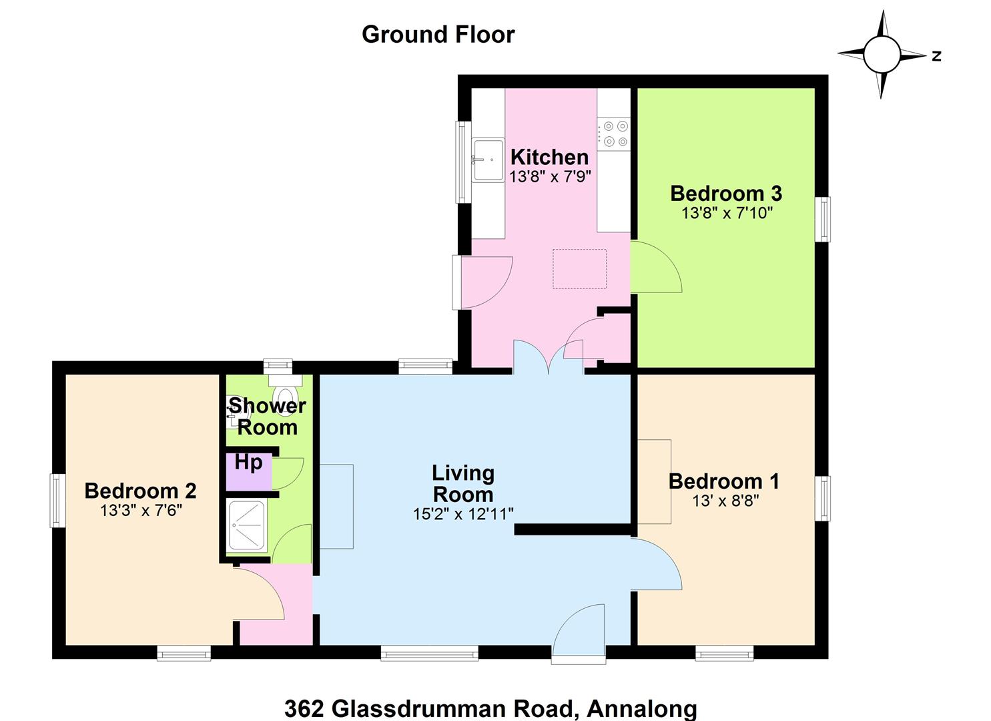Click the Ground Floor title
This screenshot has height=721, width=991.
(438, 35)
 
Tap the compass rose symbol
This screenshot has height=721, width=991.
(882, 55)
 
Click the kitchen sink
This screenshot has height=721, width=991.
(488, 160)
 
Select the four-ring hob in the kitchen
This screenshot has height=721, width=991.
(614, 134)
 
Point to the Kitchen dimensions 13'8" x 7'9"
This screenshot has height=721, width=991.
(550, 177)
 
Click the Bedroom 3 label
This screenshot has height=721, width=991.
(726, 194)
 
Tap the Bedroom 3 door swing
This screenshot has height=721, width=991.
(656, 266)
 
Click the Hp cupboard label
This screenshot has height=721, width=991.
(249, 463)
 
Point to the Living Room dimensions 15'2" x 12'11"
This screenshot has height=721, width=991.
(463, 514)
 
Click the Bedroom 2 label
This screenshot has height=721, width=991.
(140, 491)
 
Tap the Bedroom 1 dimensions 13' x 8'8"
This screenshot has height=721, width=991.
(725, 501)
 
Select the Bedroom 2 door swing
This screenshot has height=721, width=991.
(258, 593)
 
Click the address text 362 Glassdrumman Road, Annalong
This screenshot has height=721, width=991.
(490, 708)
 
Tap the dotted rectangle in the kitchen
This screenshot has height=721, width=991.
(579, 269)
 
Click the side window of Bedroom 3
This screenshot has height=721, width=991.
(822, 219)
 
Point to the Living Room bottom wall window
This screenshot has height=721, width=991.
(430, 654)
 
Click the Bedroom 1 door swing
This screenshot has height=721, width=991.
(656, 563)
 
